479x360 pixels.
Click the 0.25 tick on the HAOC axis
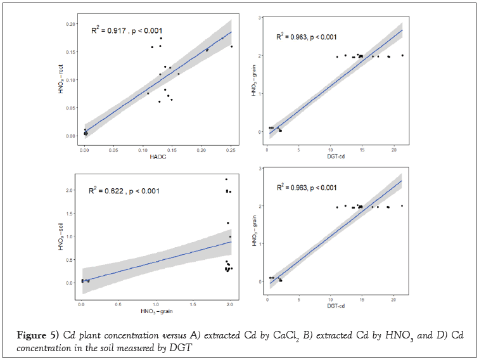tap(231, 150)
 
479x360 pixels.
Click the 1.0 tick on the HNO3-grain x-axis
tap(155, 305)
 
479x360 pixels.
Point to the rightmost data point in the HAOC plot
tap(231, 46)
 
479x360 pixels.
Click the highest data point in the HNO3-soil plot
tap(226, 179)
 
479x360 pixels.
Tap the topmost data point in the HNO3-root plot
tap(161, 38)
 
